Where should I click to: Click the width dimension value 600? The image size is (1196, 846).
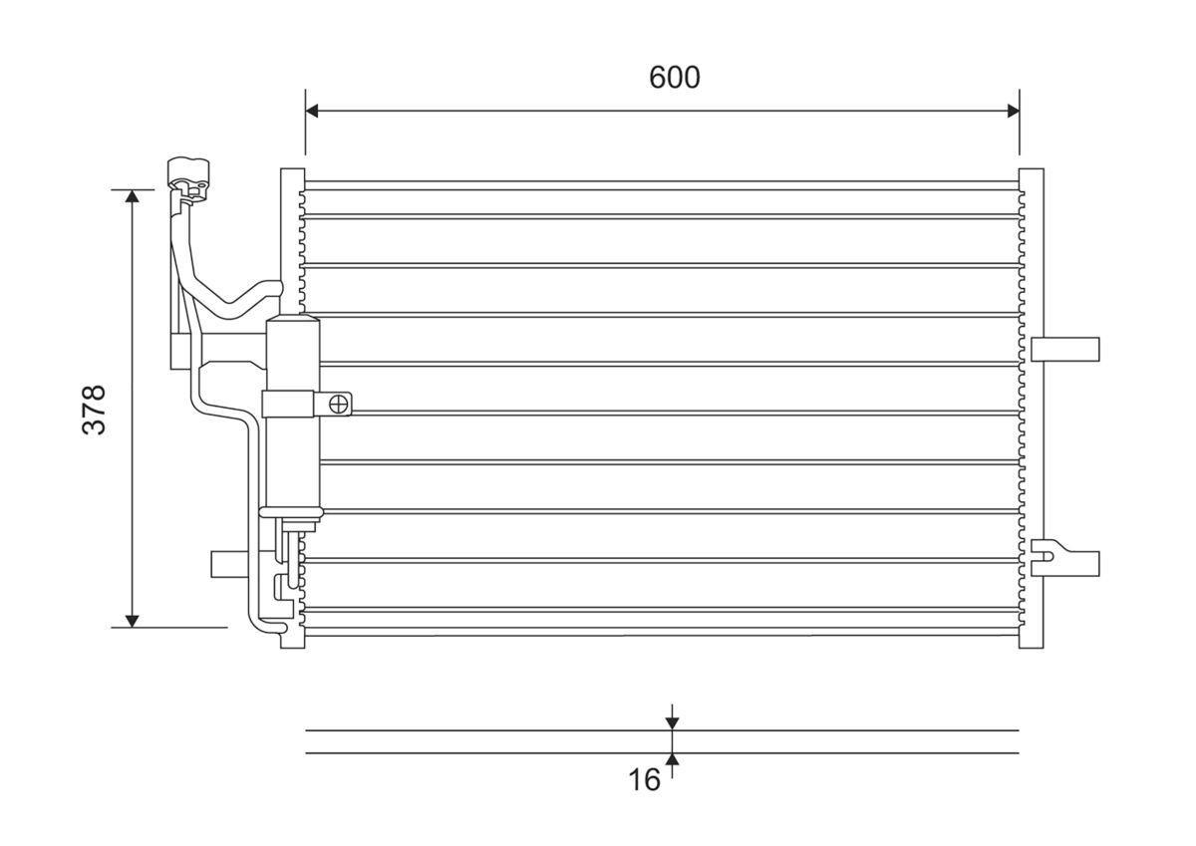pos(675,77)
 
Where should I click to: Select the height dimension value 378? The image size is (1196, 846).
pos(94,409)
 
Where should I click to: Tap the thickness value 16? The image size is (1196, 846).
pos(645,779)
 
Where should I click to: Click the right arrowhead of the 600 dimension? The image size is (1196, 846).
pos(1013,110)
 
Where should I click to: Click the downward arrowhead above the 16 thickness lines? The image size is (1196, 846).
pos(673,721)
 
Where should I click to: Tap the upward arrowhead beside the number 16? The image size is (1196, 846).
pos(673,761)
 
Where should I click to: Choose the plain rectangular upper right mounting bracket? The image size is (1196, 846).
pos(1065,349)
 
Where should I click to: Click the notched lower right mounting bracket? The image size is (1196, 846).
pos(1065,562)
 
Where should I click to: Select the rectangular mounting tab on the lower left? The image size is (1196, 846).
pos(228,564)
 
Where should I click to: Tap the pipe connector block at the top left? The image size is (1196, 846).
pos(187,173)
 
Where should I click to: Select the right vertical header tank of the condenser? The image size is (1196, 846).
pos(1032,409)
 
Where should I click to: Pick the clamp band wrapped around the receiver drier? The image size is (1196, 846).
pos(290,404)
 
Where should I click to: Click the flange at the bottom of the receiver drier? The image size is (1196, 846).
pos(291,513)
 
